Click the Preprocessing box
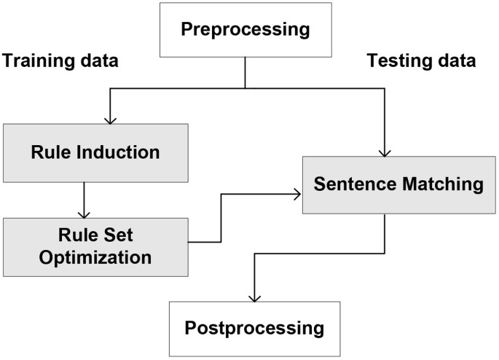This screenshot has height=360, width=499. pyautogui.click(x=245, y=30)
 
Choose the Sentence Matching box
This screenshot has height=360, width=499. pyautogui.click(x=398, y=184)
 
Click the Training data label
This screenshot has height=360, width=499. pyautogui.click(x=60, y=60)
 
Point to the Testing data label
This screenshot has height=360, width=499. pyautogui.click(x=422, y=60)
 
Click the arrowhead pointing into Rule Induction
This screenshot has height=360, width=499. pyautogui.click(x=110, y=119)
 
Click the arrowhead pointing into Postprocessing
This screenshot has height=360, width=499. pyautogui.click(x=254, y=297)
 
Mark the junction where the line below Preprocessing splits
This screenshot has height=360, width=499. pyautogui.click(x=245, y=89)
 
